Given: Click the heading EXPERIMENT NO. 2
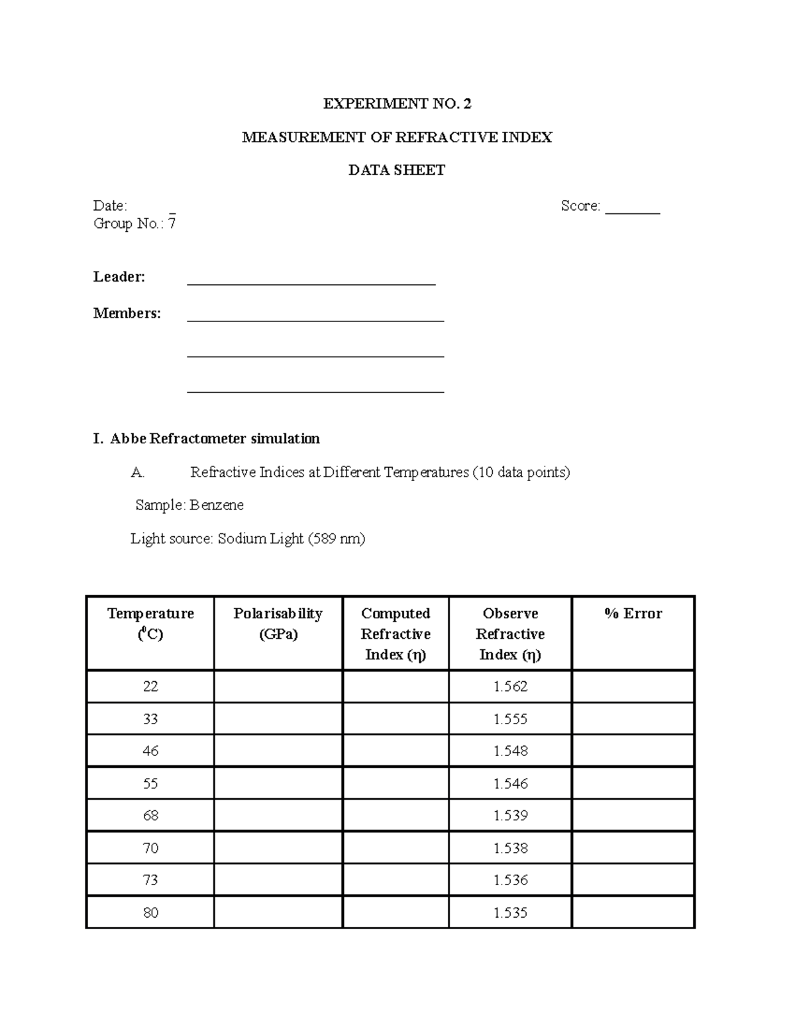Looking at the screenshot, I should coord(397,103).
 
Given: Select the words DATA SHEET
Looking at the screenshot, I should coord(397,170).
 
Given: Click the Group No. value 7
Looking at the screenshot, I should coord(172,223).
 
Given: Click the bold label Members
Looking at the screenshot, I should coord(127,313).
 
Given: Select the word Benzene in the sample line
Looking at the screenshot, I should coord(217,505).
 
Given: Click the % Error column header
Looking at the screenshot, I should coord(633,614).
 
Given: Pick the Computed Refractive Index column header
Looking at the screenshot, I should coord(396,633).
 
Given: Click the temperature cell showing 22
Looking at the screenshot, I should coord(150,686).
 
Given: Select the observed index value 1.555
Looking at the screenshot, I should coord(510,719).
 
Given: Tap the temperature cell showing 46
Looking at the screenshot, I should coord(150,751).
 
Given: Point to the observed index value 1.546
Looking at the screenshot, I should coord(510,783).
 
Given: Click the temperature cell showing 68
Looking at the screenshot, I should coord(150,816).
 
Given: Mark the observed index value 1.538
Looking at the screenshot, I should coord(510,848).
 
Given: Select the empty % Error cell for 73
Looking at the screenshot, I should coord(633,880).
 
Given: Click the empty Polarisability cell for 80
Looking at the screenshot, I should coord(278,912).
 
